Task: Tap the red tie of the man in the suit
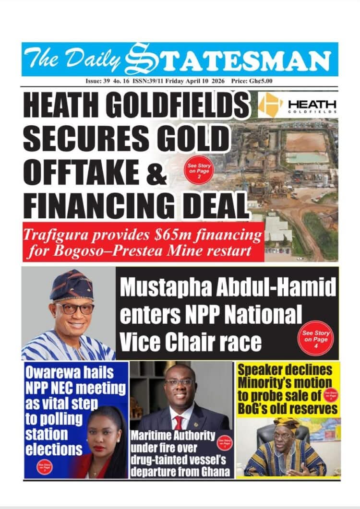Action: [x=179, y=423]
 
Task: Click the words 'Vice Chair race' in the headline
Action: [x=191, y=343]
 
